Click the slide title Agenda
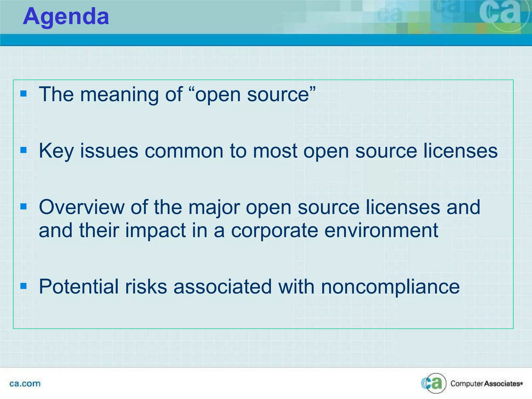coord(66,17)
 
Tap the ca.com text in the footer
coord(25,383)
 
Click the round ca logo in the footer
coord(434,383)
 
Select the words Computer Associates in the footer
coord(486,384)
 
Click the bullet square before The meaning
coord(23,94)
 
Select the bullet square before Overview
coord(23,207)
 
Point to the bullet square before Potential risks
coord(23,286)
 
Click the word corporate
coord(275,231)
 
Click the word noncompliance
coord(390,287)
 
